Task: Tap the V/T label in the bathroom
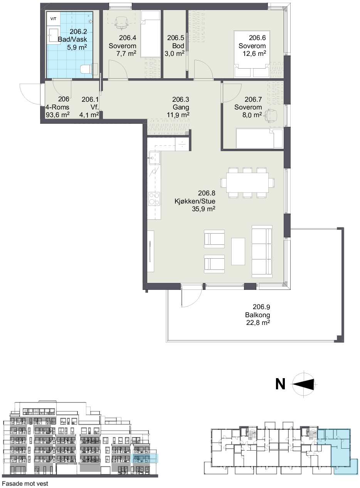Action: coord(53,19)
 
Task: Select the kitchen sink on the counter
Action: coord(155,158)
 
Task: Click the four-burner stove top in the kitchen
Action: coord(154,199)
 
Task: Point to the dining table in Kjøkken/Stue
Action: coord(247,183)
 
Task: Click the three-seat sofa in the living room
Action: coord(262,251)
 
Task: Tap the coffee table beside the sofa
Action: coord(238,251)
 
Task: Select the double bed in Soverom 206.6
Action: coord(252,54)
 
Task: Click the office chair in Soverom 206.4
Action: coord(121,23)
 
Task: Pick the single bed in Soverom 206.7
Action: coord(259,138)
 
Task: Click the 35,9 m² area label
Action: coord(204,209)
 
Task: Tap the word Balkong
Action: coord(257,315)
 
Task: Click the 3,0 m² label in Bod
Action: coord(175,54)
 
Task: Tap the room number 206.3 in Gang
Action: coord(181,99)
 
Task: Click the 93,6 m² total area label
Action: coord(58,114)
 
